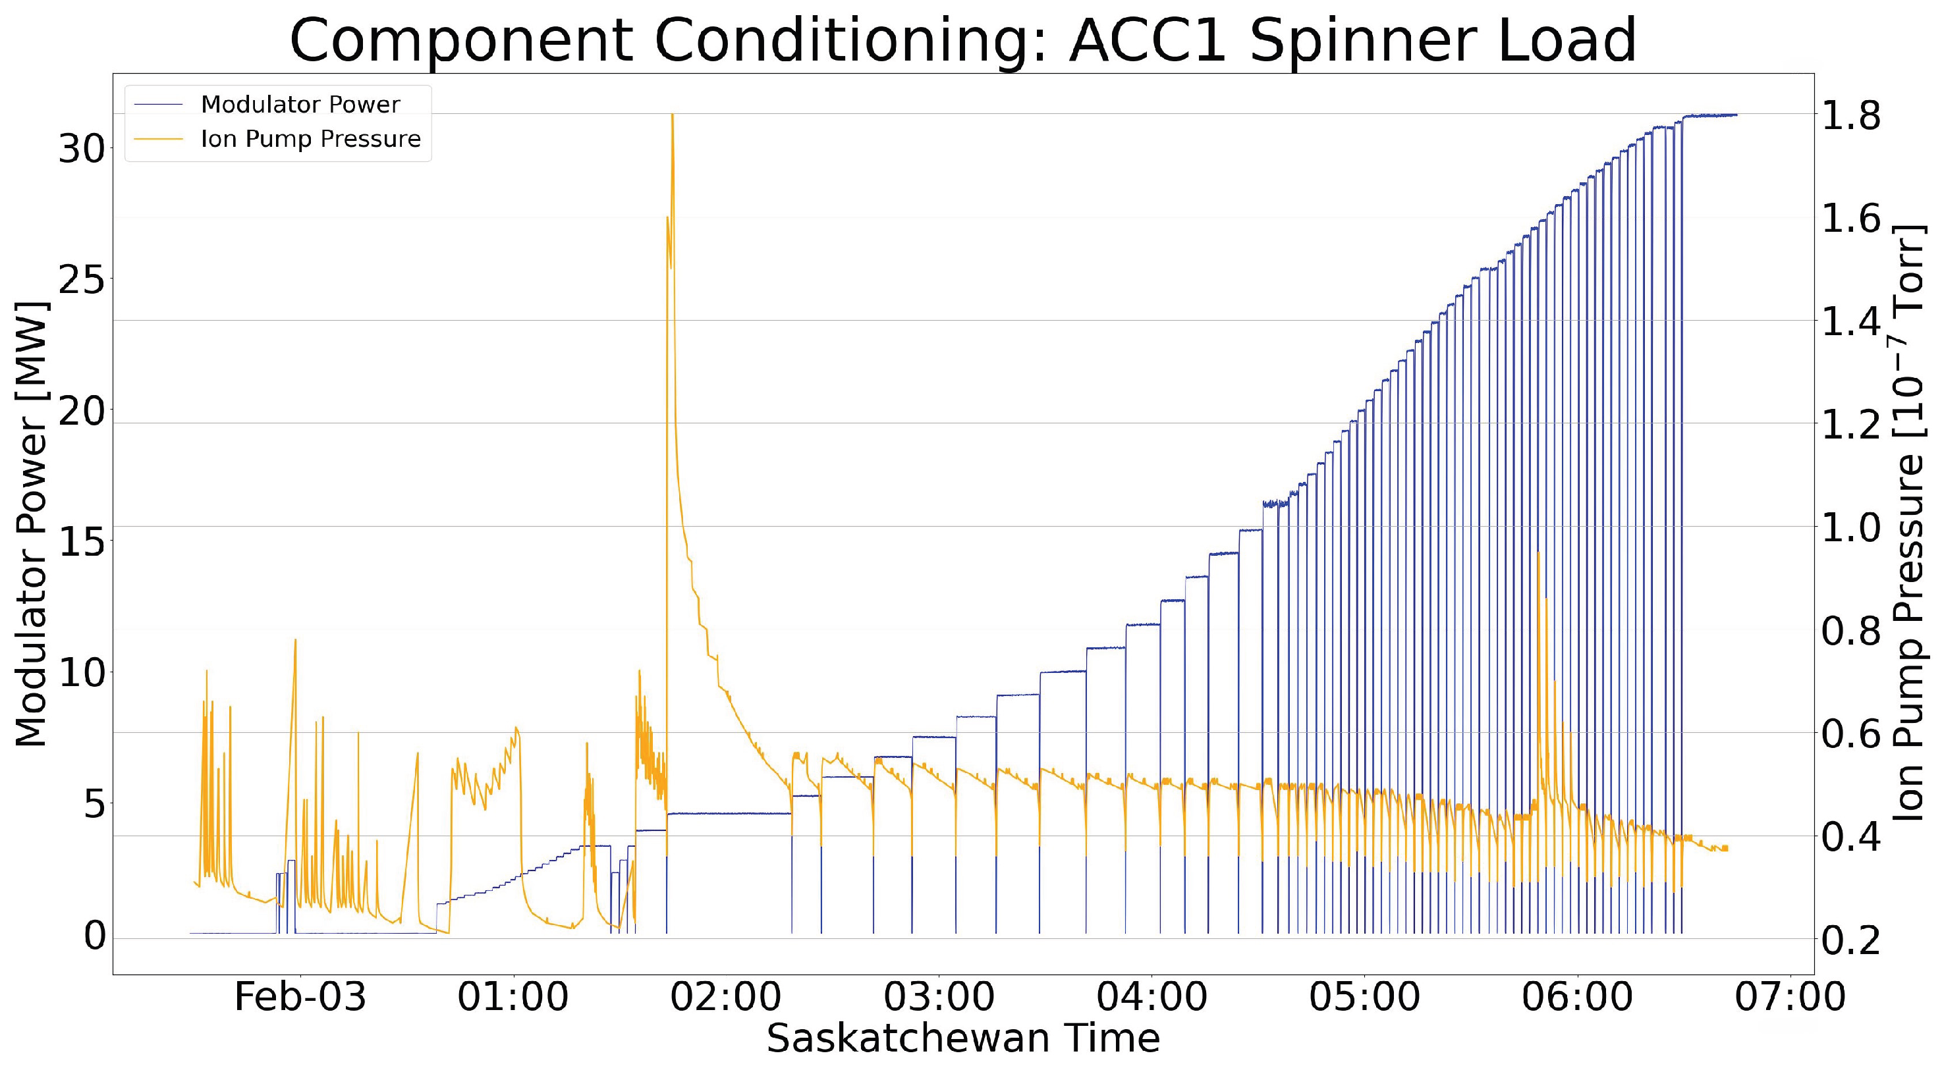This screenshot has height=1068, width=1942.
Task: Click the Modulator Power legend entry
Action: coord(299,105)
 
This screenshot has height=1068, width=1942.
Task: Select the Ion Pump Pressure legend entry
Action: coord(310,140)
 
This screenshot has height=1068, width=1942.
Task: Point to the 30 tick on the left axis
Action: coord(82,149)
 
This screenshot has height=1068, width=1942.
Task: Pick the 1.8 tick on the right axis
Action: coord(1851,115)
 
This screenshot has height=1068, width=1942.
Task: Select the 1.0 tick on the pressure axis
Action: coord(1851,527)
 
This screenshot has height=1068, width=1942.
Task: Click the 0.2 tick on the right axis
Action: coord(1851,939)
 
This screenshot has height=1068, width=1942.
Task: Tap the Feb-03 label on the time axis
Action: coord(300,997)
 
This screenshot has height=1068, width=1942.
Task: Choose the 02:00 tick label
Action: coord(726,997)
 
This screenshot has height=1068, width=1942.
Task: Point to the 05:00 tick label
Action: coord(1364,997)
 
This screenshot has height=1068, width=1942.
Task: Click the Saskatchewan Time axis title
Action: coord(962,1038)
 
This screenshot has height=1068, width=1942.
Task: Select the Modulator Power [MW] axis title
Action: coord(32,524)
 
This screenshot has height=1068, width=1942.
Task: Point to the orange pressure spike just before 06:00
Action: coord(1538,553)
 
